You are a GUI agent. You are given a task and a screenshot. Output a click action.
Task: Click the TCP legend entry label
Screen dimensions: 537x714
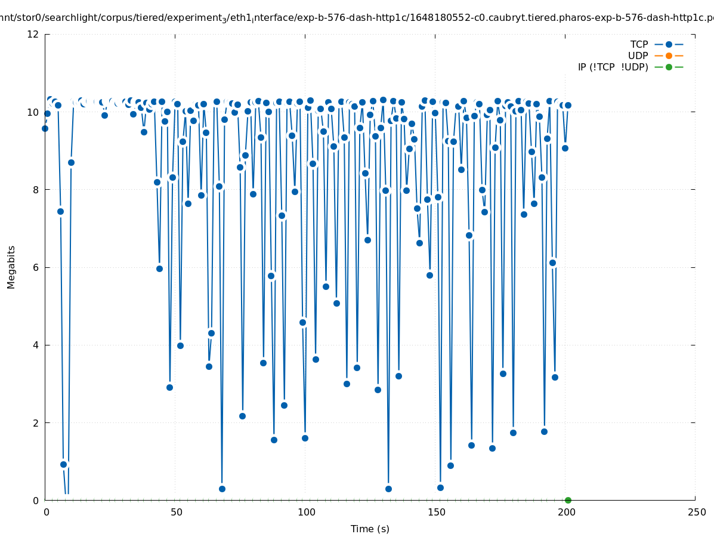click(639, 45)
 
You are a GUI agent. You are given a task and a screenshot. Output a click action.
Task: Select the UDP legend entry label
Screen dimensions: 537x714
click(638, 56)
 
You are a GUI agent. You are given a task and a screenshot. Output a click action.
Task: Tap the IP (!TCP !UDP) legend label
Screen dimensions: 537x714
click(613, 67)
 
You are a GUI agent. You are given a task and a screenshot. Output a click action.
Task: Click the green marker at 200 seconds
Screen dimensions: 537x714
click(568, 500)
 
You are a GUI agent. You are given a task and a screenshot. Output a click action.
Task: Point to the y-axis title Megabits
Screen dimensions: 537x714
click(11, 267)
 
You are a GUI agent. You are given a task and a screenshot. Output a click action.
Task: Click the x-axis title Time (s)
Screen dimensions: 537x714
click(370, 529)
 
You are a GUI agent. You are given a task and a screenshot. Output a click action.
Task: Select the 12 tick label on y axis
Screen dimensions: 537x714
click(33, 35)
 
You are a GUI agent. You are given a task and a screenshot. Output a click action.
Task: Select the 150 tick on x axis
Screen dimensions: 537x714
click(436, 513)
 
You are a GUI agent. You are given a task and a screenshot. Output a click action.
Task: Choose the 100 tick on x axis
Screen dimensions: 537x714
click(306, 513)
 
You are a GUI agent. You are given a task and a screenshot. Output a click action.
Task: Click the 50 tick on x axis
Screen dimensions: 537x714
click(176, 513)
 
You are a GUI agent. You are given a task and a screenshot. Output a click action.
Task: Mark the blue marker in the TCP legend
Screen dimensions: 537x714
click(669, 45)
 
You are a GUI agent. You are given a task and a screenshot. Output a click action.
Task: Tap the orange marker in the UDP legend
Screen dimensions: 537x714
click(669, 56)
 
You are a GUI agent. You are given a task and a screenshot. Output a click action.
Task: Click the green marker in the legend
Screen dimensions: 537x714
click(669, 67)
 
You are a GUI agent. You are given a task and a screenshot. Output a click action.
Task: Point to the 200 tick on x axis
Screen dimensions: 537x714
click(566, 513)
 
